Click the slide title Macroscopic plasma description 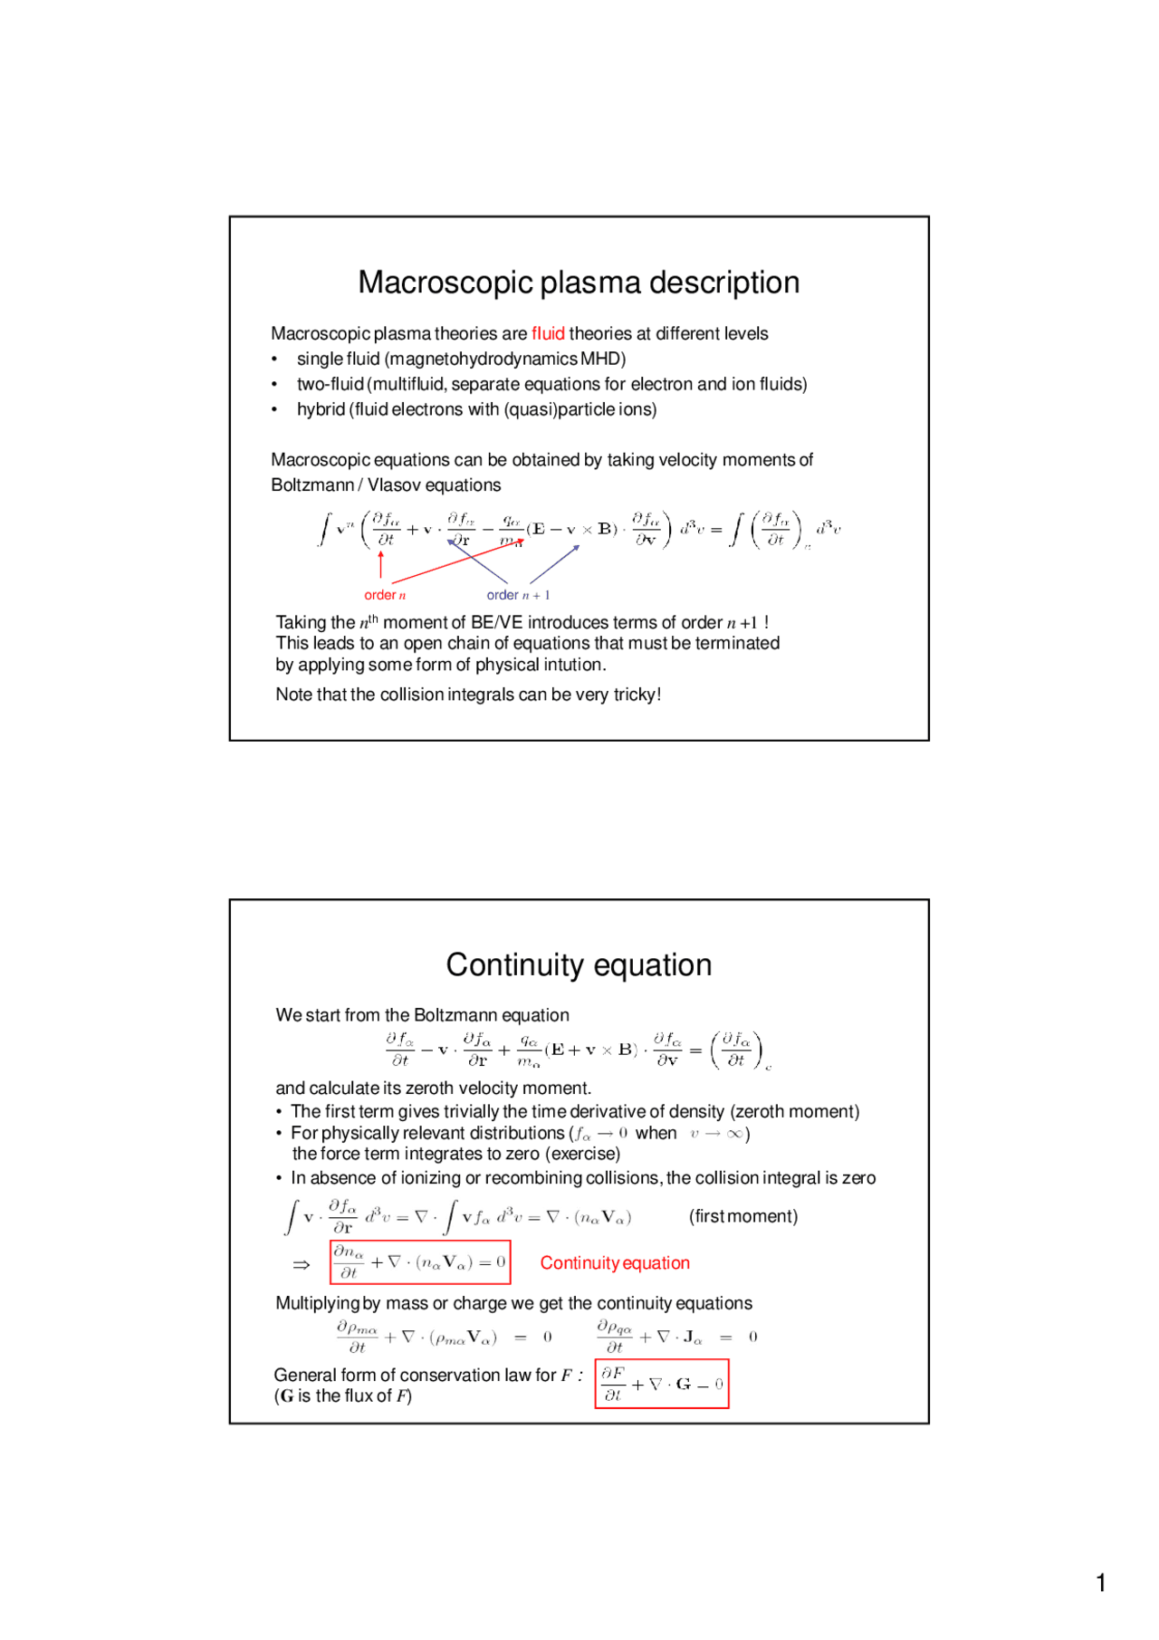[x=579, y=283]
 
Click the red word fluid [x=548, y=333]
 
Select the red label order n [x=385, y=595]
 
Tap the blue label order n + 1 [x=518, y=595]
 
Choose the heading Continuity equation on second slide [x=579, y=965]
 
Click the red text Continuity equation [x=615, y=1263]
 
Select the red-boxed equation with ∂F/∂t [x=662, y=1384]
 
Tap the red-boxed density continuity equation [x=420, y=1262]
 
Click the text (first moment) [x=743, y=1216]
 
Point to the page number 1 [x=1101, y=1583]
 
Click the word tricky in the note [x=634, y=695]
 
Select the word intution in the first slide [x=573, y=665]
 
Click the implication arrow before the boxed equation [x=302, y=1264]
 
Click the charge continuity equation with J [x=676, y=1337]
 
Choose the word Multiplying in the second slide [x=317, y=1303]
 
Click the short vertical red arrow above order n [x=381, y=564]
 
